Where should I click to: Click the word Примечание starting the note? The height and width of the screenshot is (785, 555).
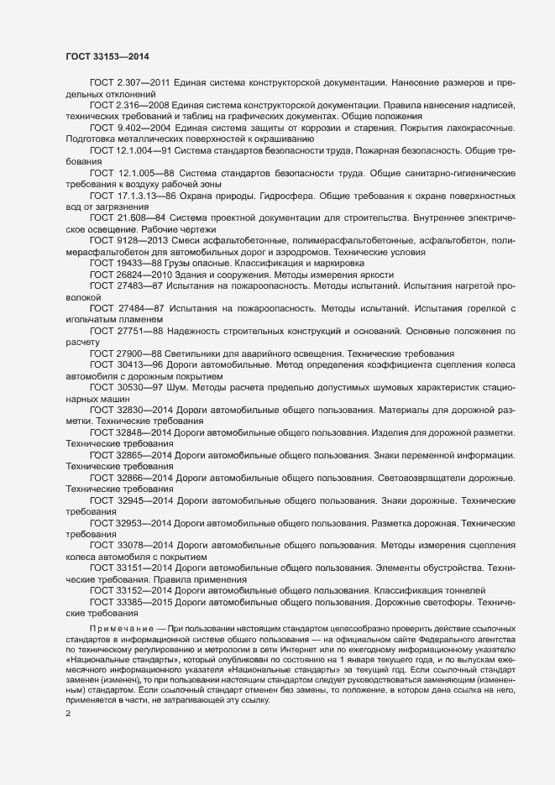click(121, 628)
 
